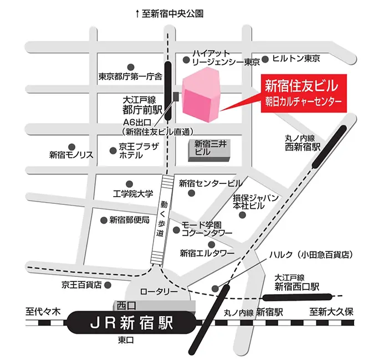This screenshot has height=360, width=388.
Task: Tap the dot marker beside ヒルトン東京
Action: [x=266, y=58]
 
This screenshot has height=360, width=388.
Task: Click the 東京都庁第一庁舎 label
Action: [x=130, y=76]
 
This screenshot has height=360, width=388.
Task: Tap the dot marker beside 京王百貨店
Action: [x=108, y=285]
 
